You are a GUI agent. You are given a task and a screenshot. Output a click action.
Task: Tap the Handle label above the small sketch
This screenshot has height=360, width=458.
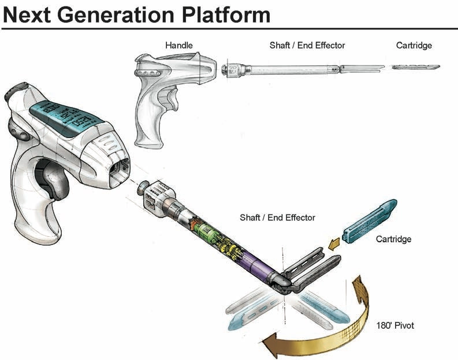[179, 45]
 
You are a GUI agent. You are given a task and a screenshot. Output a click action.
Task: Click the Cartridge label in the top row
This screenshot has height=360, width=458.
[414, 45]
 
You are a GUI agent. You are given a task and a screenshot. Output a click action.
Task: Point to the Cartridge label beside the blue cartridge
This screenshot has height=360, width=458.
[393, 239]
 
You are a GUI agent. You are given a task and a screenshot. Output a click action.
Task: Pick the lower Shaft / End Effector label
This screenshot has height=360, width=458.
[277, 217]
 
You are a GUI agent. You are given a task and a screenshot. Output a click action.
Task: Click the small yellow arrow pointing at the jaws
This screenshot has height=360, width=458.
[333, 246]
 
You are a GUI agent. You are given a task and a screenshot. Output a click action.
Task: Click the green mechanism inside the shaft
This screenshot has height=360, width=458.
[208, 231]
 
